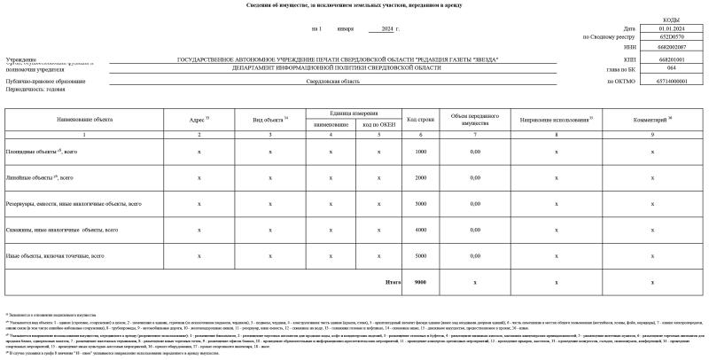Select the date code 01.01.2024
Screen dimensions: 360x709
point(659,28)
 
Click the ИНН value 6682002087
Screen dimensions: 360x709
point(659,47)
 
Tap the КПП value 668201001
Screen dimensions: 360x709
point(659,59)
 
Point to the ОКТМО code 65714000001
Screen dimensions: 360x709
point(659,81)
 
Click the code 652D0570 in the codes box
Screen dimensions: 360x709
point(659,37)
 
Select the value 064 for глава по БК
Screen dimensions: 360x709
point(659,67)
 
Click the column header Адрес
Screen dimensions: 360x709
point(199,118)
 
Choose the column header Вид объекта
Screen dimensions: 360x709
point(269,118)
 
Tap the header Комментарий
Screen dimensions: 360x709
point(652,118)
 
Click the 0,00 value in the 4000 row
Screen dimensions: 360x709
point(475,230)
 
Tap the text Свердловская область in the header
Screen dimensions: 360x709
point(333,81)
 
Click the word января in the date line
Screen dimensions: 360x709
point(346,28)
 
